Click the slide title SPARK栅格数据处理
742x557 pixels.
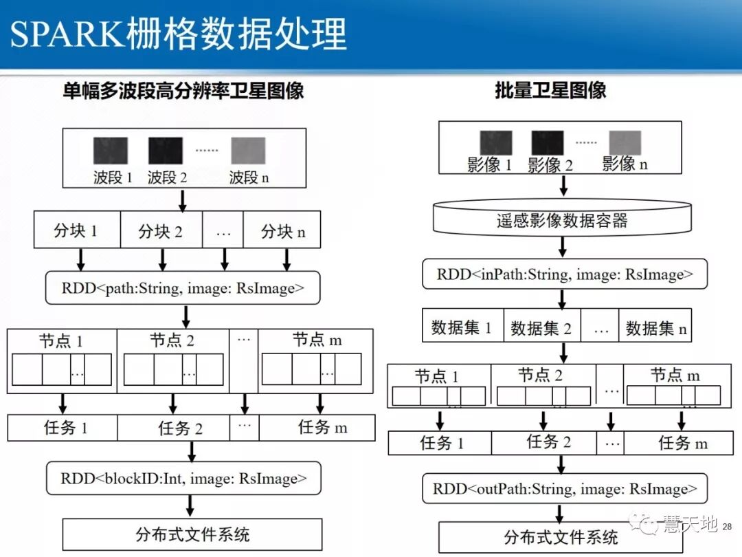coord(179,34)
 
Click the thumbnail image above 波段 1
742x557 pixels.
coord(111,151)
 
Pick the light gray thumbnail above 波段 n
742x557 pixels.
coord(248,151)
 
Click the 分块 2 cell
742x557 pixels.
coord(161,231)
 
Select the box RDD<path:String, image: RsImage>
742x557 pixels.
coord(183,288)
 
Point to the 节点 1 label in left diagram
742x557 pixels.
coord(62,340)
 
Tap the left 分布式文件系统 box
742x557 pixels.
coord(192,534)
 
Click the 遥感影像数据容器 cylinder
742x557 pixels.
coord(562,221)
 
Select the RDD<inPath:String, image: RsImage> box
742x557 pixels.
coord(565,274)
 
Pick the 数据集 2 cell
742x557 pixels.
coord(541,329)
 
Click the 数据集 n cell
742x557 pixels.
coord(655,329)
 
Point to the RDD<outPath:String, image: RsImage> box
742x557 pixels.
coord(565,489)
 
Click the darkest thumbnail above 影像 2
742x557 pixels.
coord(547,143)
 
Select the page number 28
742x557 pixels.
coord(728,527)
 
